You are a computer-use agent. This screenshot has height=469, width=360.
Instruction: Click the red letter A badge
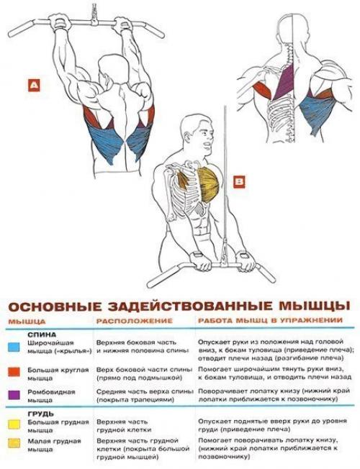pyautogui.click(x=33, y=85)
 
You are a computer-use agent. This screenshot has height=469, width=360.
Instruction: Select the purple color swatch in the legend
pyautogui.click(x=14, y=394)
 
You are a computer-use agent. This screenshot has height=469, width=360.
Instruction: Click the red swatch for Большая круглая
pyautogui.click(x=14, y=371)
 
